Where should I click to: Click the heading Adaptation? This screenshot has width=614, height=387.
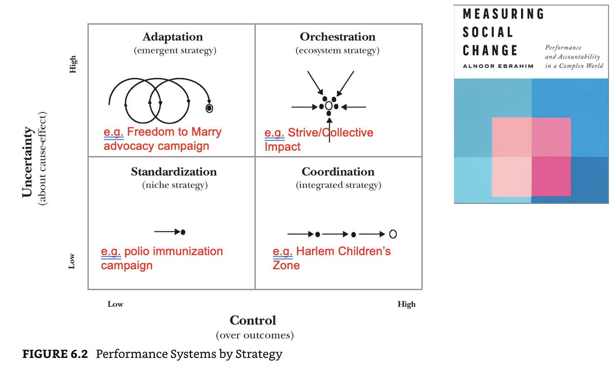(172, 37)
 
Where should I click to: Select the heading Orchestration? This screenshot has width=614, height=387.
(337, 37)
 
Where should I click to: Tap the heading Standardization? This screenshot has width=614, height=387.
(174, 172)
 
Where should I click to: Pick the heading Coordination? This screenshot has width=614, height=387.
(338, 172)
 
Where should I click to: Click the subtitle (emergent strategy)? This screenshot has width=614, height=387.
(175, 51)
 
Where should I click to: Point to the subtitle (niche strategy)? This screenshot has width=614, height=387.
(175, 185)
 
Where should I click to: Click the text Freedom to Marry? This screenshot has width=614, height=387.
(174, 132)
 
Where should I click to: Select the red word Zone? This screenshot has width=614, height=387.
(286, 265)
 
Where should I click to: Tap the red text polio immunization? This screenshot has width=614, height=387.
(173, 251)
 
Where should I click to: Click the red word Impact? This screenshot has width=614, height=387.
(282, 147)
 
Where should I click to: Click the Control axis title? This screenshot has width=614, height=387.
(253, 320)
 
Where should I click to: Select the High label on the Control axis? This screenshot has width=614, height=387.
(406, 304)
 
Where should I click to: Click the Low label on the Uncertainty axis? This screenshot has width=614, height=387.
(72, 261)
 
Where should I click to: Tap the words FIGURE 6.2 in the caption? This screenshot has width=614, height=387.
(55, 354)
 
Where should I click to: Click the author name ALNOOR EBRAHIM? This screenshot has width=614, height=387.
(498, 66)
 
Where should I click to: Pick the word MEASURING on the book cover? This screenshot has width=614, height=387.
(504, 14)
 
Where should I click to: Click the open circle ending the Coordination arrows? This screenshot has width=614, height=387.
(393, 234)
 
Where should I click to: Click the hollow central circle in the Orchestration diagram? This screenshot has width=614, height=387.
(329, 106)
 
